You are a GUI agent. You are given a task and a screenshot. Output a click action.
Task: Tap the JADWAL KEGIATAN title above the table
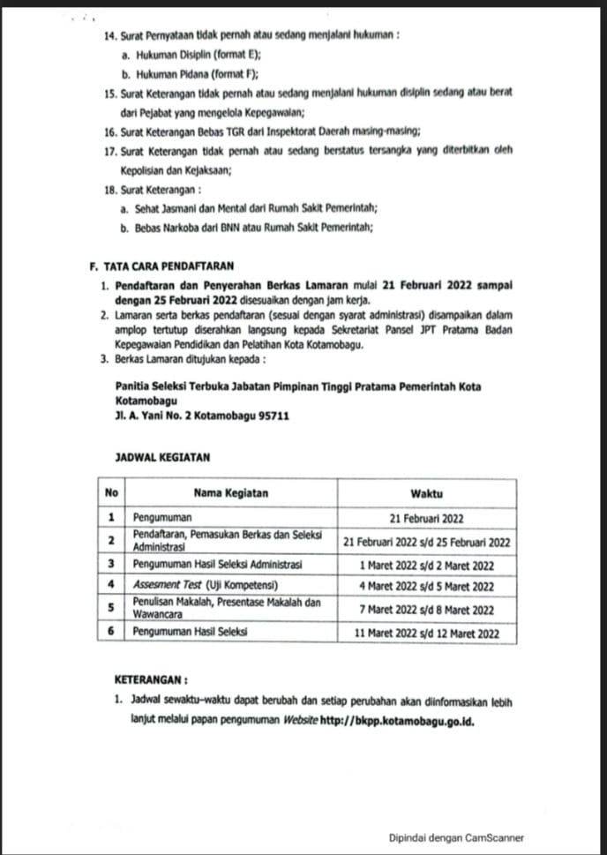(x=162, y=458)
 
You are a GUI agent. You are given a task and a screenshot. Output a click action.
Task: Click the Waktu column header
(x=427, y=493)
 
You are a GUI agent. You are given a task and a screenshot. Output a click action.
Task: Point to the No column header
(x=112, y=493)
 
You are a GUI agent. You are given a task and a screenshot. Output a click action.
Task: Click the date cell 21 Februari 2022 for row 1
(x=427, y=519)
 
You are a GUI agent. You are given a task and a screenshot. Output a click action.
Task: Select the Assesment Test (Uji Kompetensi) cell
(x=205, y=586)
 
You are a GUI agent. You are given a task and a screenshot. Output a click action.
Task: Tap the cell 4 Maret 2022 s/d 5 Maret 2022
(x=427, y=586)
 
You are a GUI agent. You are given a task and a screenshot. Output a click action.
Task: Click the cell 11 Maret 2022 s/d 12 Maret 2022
(x=427, y=633)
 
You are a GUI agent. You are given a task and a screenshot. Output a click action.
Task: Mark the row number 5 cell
(x=112, y=609)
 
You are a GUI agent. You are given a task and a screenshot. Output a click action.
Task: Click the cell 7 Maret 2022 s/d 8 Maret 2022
(x=427, y=610)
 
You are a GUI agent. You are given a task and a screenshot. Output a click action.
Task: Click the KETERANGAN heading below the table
(x=151, y=681)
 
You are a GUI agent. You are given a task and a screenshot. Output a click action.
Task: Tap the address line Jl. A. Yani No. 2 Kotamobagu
(x=203, y=416)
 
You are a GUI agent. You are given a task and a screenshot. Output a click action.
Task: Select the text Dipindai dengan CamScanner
(x=457, y=838)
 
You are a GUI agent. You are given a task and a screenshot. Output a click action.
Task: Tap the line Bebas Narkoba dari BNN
(x=247, y=227)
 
